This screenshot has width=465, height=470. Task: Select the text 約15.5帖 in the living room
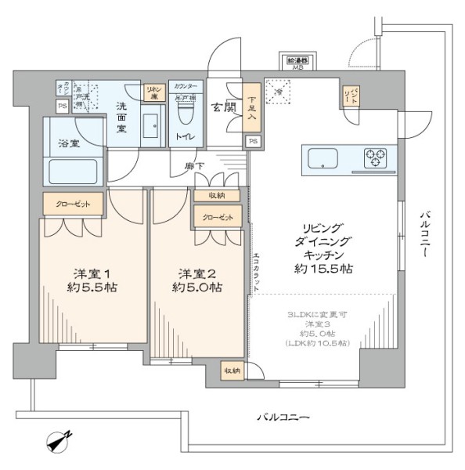coord(328,268)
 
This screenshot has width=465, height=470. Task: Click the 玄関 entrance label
coord(222,107)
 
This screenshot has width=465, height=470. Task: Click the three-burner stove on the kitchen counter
coord(379,158)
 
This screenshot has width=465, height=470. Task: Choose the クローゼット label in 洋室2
coord(215,217)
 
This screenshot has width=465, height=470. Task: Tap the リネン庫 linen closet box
coord(153,92)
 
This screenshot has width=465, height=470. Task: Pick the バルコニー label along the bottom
coord(283,418)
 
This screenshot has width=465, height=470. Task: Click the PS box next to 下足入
coord(252,141)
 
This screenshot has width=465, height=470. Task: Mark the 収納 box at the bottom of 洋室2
coord(232,371)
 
